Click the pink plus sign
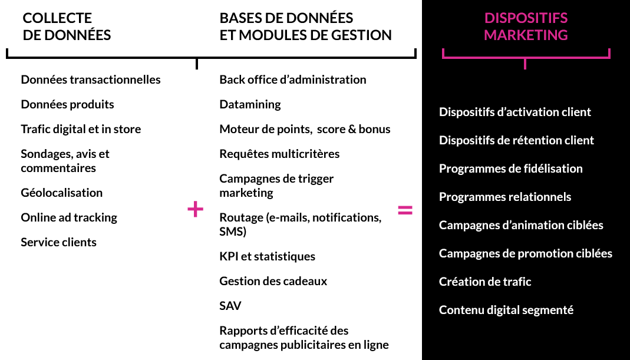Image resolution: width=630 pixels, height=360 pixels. click(x=195, y=210)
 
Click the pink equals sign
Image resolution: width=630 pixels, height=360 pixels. click(x=405, y=210)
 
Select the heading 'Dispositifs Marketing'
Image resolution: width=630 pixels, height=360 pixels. click(x=526, y=27)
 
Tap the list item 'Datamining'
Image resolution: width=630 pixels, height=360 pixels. click(x=250, y=104)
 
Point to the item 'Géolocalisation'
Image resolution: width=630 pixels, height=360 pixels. click(x=61, y=193)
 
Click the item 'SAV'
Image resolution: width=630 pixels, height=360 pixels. click(x=230, y=306)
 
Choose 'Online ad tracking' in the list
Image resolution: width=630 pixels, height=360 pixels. click(x=69, y=218)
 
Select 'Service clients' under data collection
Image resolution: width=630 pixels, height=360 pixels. click(x=59, y=242)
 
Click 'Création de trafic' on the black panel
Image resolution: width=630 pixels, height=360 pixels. click(x=485, y=282)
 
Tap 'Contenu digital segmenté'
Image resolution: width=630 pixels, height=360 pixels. click(x=506, y=310)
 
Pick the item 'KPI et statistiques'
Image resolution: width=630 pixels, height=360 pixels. click(x=267, y=256)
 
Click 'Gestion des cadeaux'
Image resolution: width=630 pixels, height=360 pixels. click(x=273, y=281)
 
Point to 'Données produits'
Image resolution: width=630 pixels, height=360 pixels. click(x=68, y=104)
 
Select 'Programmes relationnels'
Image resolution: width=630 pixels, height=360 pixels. click(x=505, y=197)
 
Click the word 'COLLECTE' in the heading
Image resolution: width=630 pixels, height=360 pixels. click(x=57, y=18)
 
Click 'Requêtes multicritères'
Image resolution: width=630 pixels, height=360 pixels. click(x=279, y=154)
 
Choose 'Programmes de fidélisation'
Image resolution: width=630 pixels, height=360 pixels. click(x=511, y=169)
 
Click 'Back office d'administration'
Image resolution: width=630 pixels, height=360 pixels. click(x=293, y=80)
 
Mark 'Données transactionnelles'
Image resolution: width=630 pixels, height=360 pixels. click(x=91, y=80)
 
